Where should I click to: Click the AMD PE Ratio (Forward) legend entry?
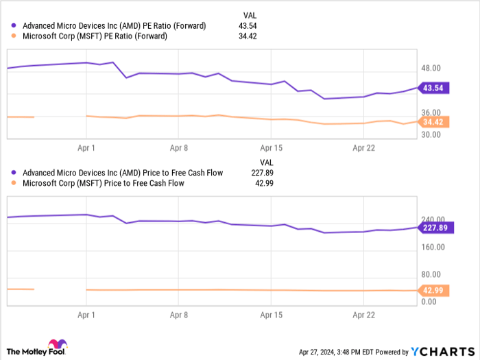pos(114,25)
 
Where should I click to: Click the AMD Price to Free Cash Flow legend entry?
pos(123,173)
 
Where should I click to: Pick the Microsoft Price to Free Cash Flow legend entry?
pos(104,183)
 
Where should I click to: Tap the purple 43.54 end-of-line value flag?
pos(435,88)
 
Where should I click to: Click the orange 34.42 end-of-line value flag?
pos(435,122)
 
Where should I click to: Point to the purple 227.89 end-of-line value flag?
pos(435,228)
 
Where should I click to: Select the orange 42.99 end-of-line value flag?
pos(435,290)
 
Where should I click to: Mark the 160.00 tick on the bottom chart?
pos(433,247)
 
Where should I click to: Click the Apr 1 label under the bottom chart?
pos(86,315)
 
